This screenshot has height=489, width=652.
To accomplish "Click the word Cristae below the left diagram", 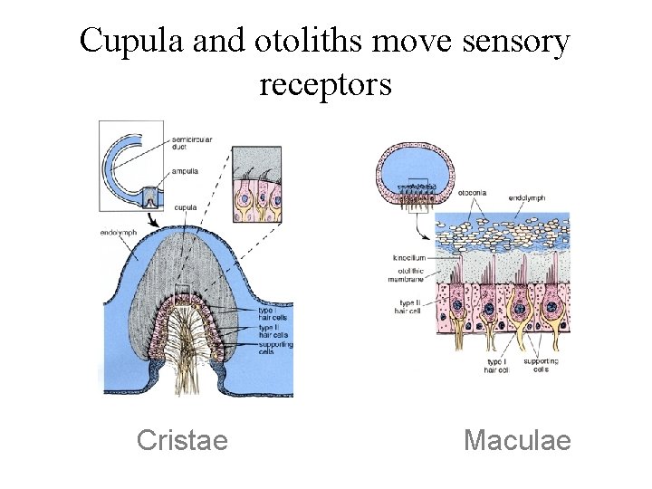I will coord(182,440).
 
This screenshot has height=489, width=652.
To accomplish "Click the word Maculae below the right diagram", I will coord(517,440).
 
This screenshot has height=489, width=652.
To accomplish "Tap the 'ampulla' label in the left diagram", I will coord(184,170).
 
